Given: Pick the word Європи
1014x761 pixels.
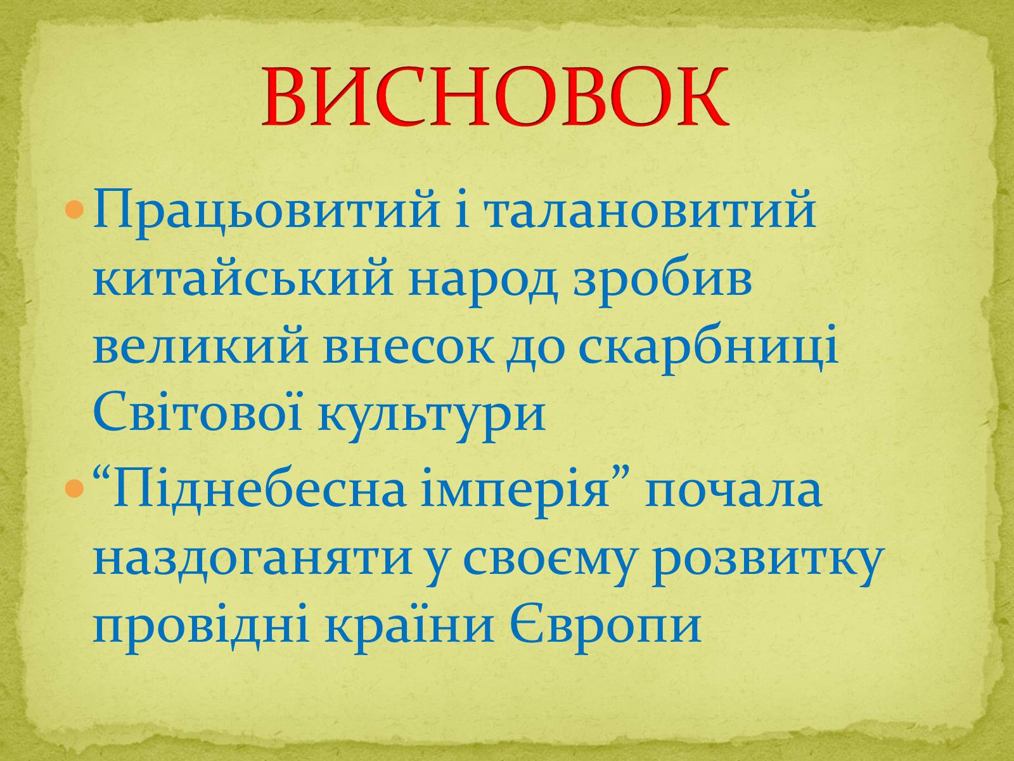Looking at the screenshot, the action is [606, 629].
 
